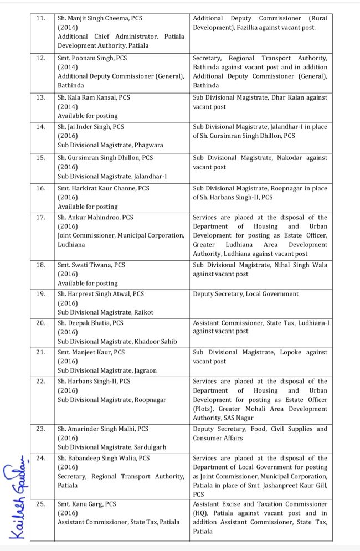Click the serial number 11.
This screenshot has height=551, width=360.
(40, 18)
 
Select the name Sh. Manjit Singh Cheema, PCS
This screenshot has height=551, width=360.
(100, 18)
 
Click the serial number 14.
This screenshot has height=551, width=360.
(40, 127)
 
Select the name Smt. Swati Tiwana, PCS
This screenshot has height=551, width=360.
(91, 265)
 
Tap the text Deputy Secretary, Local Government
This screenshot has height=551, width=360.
(245, 294)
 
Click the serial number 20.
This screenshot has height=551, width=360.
(40, 323)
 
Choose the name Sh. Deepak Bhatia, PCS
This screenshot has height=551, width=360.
(90, 323)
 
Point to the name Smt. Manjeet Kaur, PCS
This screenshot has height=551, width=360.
(91, 352)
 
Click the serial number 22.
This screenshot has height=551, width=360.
(40, 382)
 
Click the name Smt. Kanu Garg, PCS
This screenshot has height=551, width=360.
(87, 504)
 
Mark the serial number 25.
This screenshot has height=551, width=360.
(40, 504)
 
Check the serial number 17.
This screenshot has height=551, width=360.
(40, 218)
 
